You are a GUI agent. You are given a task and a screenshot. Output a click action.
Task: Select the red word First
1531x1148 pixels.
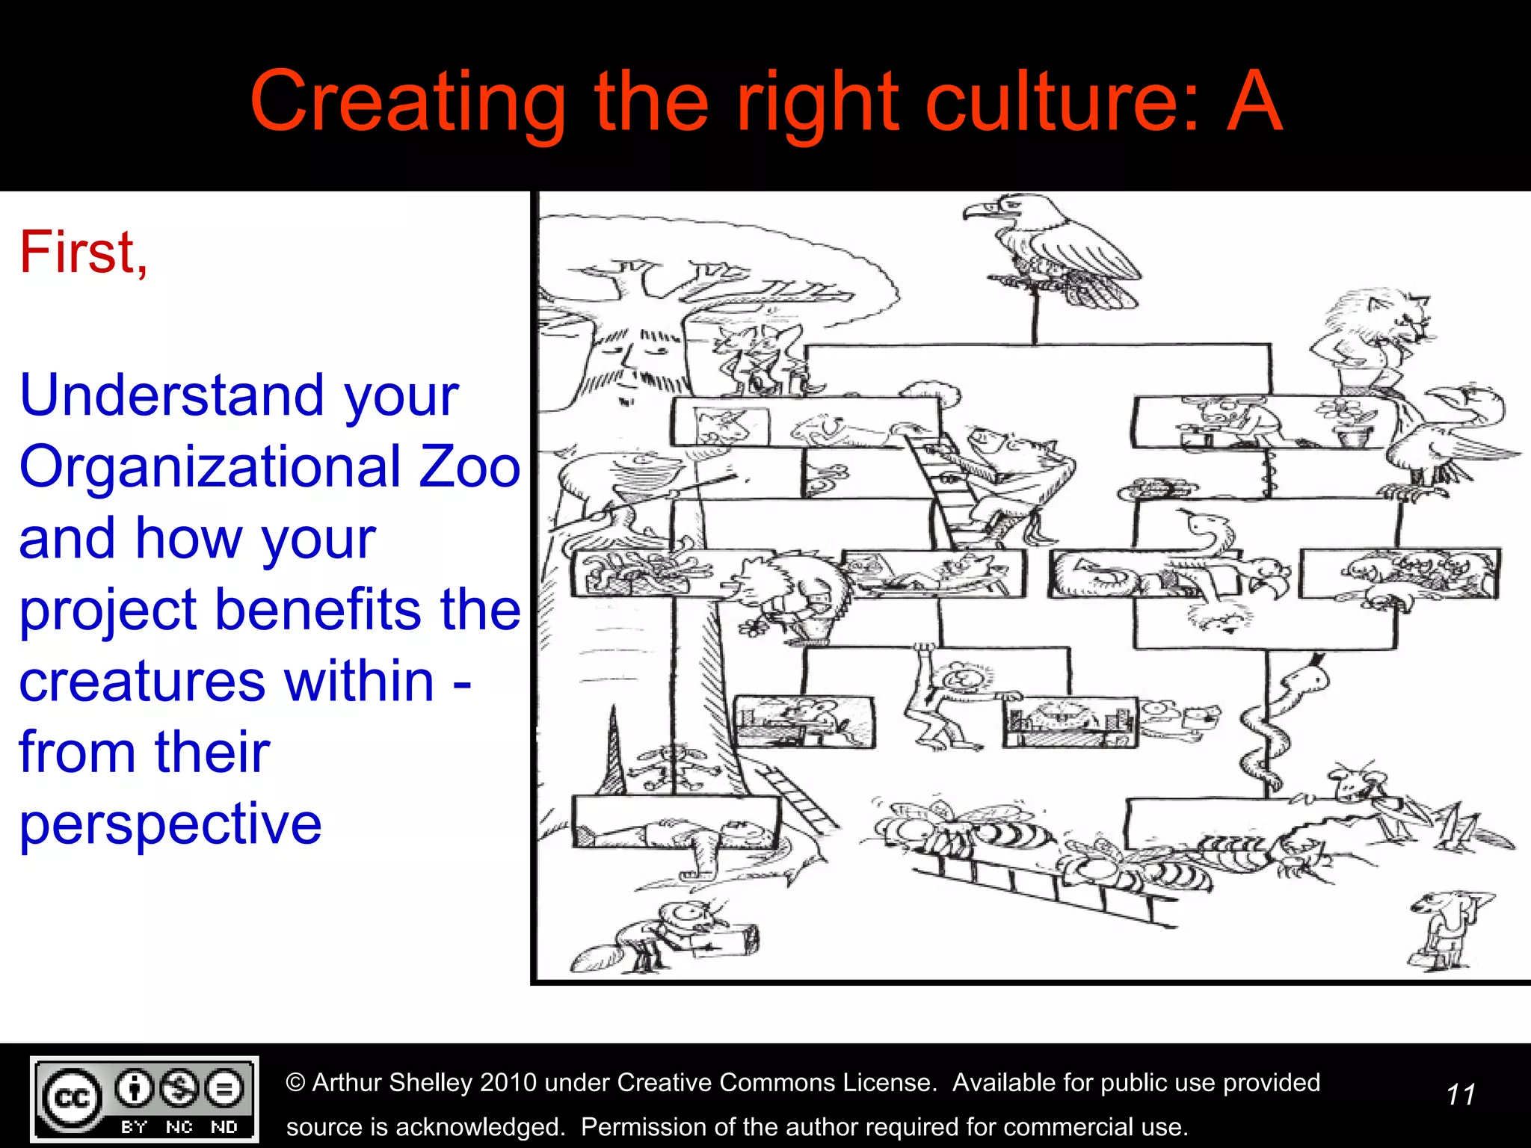[x=82, y=253]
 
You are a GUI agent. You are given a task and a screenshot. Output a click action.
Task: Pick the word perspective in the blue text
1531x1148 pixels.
[x=170, y=823]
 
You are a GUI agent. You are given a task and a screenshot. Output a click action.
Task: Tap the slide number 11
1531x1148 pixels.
[x=1460, y=1095]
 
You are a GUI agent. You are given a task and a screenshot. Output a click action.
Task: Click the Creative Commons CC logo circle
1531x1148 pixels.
[x=72, y=1098]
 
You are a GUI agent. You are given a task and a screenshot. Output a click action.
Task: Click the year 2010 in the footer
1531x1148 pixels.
[x=508, y=1082]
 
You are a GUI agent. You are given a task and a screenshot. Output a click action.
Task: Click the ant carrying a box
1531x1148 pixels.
[x=673, y=934]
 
